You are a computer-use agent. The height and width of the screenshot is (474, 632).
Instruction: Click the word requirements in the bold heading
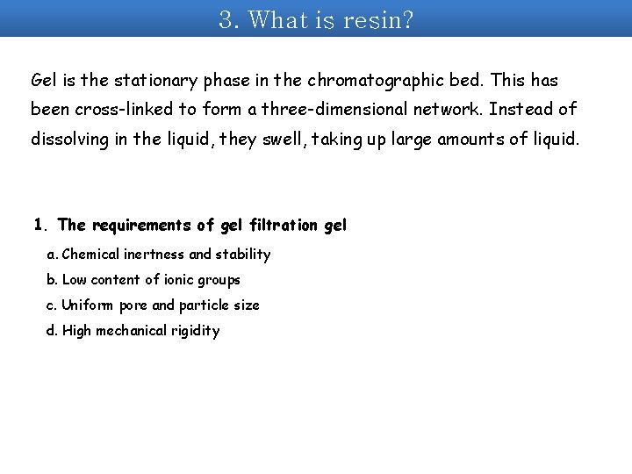(141, 225)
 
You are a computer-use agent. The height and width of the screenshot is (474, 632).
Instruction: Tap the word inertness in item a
(155, 255)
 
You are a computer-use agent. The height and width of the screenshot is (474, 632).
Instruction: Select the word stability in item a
(243, 255)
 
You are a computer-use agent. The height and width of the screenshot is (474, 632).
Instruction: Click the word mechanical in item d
(133, 331)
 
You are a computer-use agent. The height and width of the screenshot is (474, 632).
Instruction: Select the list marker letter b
(51, 280)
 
